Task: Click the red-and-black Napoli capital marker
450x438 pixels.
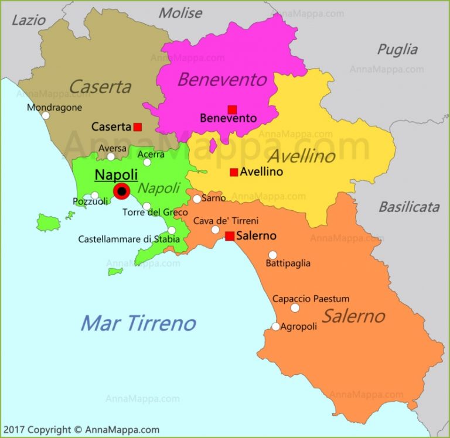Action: pyautogui.click(x=122, y=191)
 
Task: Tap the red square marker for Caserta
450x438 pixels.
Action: pyautogui.click(x=138, y=126)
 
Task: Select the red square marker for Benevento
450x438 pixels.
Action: pyautogui.click(x=232, y=109)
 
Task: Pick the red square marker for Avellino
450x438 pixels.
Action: pyautogui.click(x=234, y=172)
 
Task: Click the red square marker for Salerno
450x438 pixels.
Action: pyautogui.click(x=230, y=236)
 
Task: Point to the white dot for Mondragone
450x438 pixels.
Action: pyautogui.click(x=45, y=115)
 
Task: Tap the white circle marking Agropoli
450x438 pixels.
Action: pyautogui.click(x=275, y=327)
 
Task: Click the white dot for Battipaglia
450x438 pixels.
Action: pyautogui.click(x=272, y=255)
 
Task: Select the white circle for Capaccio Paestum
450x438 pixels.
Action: pyautogui.click(x=295, y=308)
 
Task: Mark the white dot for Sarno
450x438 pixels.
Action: pyautogui.click(x=197, y=199)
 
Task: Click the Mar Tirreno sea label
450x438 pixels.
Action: pyautogui.click(x=138, y=323)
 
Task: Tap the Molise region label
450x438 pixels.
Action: pyautogui.click(x=180, y=13)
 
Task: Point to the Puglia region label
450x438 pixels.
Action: pyautogui.click(x=397, y=49)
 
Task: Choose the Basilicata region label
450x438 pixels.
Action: pyautogui.click(x=409, y=206)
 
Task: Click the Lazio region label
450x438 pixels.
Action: pyautogui.click(x=28, y=20)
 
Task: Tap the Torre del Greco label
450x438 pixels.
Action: pyautogui.click(x=155, y=212)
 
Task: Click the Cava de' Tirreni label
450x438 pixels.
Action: pyautogui.click(x=226, y=221)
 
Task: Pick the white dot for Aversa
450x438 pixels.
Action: pyautogui.click(x=111, y=156)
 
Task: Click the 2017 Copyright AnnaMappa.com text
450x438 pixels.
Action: pyautogui.click(x=81, y=430)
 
